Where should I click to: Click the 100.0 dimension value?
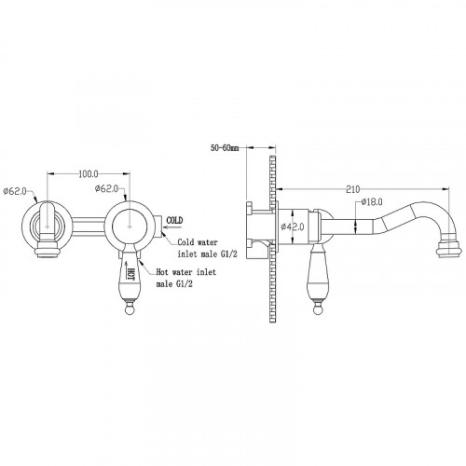[x=89, y=174]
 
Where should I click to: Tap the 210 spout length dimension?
[x=353, y=189]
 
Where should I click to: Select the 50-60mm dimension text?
[x=225, y=148]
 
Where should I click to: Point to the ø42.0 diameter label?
[x=293, y=226]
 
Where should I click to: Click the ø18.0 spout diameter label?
[x=372, y=202]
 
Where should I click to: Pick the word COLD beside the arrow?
[x=174, y=220]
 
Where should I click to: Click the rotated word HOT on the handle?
[x=130, y=273]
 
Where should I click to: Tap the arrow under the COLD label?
[x=173, y=227]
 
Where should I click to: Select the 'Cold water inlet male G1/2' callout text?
[x=207, y=248]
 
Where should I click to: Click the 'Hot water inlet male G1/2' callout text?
[x=185, y=278]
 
